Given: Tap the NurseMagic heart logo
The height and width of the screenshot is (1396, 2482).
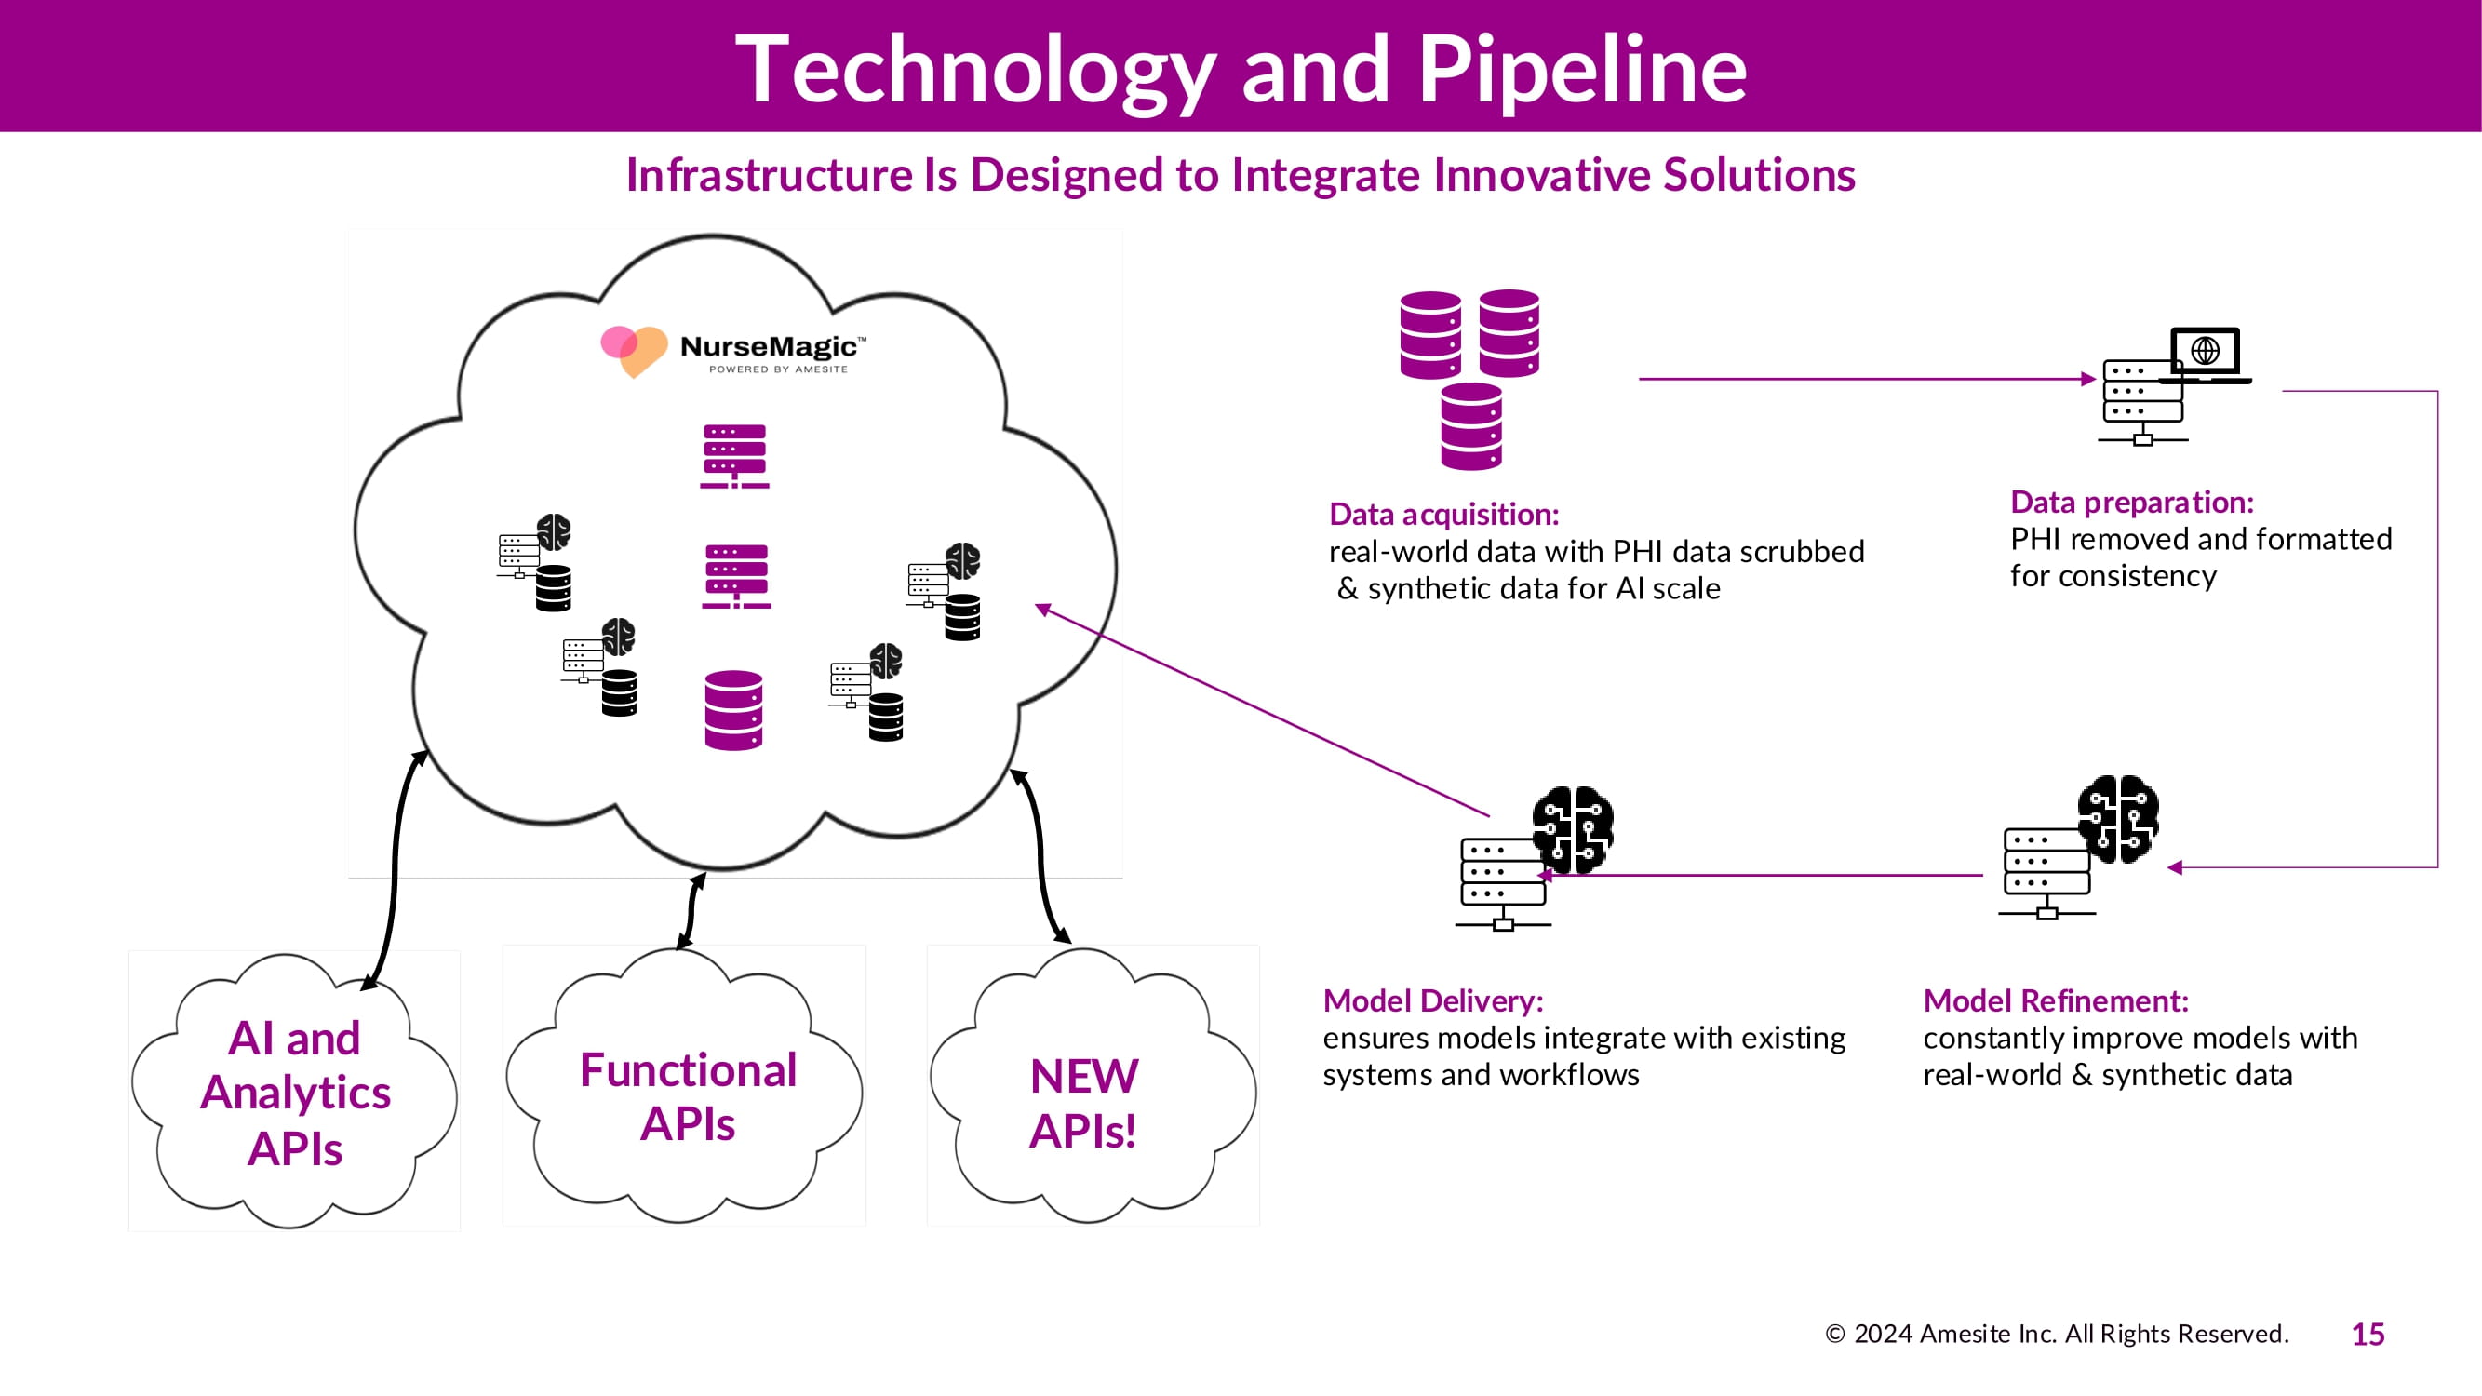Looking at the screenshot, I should pyautogui.click(x=633, y=349).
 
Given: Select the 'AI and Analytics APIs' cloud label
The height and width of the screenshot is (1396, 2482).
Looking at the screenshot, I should pyautogui.click(x=295, y=1093).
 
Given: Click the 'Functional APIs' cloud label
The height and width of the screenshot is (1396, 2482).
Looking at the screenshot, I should pyautogui.click(x=688, y=1096).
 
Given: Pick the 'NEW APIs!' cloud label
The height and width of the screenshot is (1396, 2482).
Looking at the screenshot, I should pyautogui.click(x=1084, y=1102).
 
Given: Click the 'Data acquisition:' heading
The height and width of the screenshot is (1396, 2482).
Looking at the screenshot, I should pyautogui.click(x=1443, y=515).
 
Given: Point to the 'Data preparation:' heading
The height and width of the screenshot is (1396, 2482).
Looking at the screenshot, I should pyautogui.click(x=2131, y=502).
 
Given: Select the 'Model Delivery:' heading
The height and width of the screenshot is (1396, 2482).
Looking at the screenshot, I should pyautogui.click(x=1433, y=1001).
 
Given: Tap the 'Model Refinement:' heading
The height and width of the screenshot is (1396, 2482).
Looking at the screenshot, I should pyautogui.click(x=2055, y=1001).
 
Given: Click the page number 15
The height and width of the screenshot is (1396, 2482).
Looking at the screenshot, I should pyautogui.click(x=2368, y=1335).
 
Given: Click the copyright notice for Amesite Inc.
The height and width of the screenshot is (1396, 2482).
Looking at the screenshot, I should pyautogui.click(x=2056, y=1335).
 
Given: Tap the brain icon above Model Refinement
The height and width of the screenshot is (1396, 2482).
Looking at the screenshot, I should pyautogui.click(x=2118, y=818).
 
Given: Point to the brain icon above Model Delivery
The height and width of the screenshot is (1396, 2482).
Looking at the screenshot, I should pyautogui.click(x=1573, y=828).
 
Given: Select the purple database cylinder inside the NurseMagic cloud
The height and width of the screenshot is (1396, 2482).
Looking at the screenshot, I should pyautogui.click(x=733, y=710).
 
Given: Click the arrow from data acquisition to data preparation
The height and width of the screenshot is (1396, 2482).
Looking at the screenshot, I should pyautogui.click(x=1864, y=379).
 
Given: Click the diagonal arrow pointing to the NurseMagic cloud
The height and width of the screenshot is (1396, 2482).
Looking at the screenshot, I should pyautogui.click(x=1262, y=711).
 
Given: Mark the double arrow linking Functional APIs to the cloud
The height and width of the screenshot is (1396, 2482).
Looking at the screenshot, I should pyautogui.click(x=692, y=910).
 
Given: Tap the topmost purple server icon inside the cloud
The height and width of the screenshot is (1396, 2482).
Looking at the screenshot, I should pyautogui.click(x=734, y=456).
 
